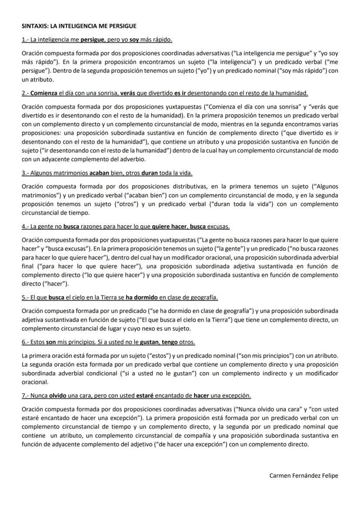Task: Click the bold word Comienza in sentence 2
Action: click(x=44, y=93)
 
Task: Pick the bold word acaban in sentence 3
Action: click(x=100, y=173)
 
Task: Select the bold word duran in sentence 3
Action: click(x=150, y=173)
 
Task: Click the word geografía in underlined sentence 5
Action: click(x=203, y=297)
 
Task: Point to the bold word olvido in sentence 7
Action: click(x=57, y=396)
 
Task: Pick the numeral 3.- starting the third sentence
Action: click(x=25, y=173)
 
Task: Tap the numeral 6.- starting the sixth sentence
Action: click(x=25, y=342)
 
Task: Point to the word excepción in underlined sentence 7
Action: click(x=236, y=396)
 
